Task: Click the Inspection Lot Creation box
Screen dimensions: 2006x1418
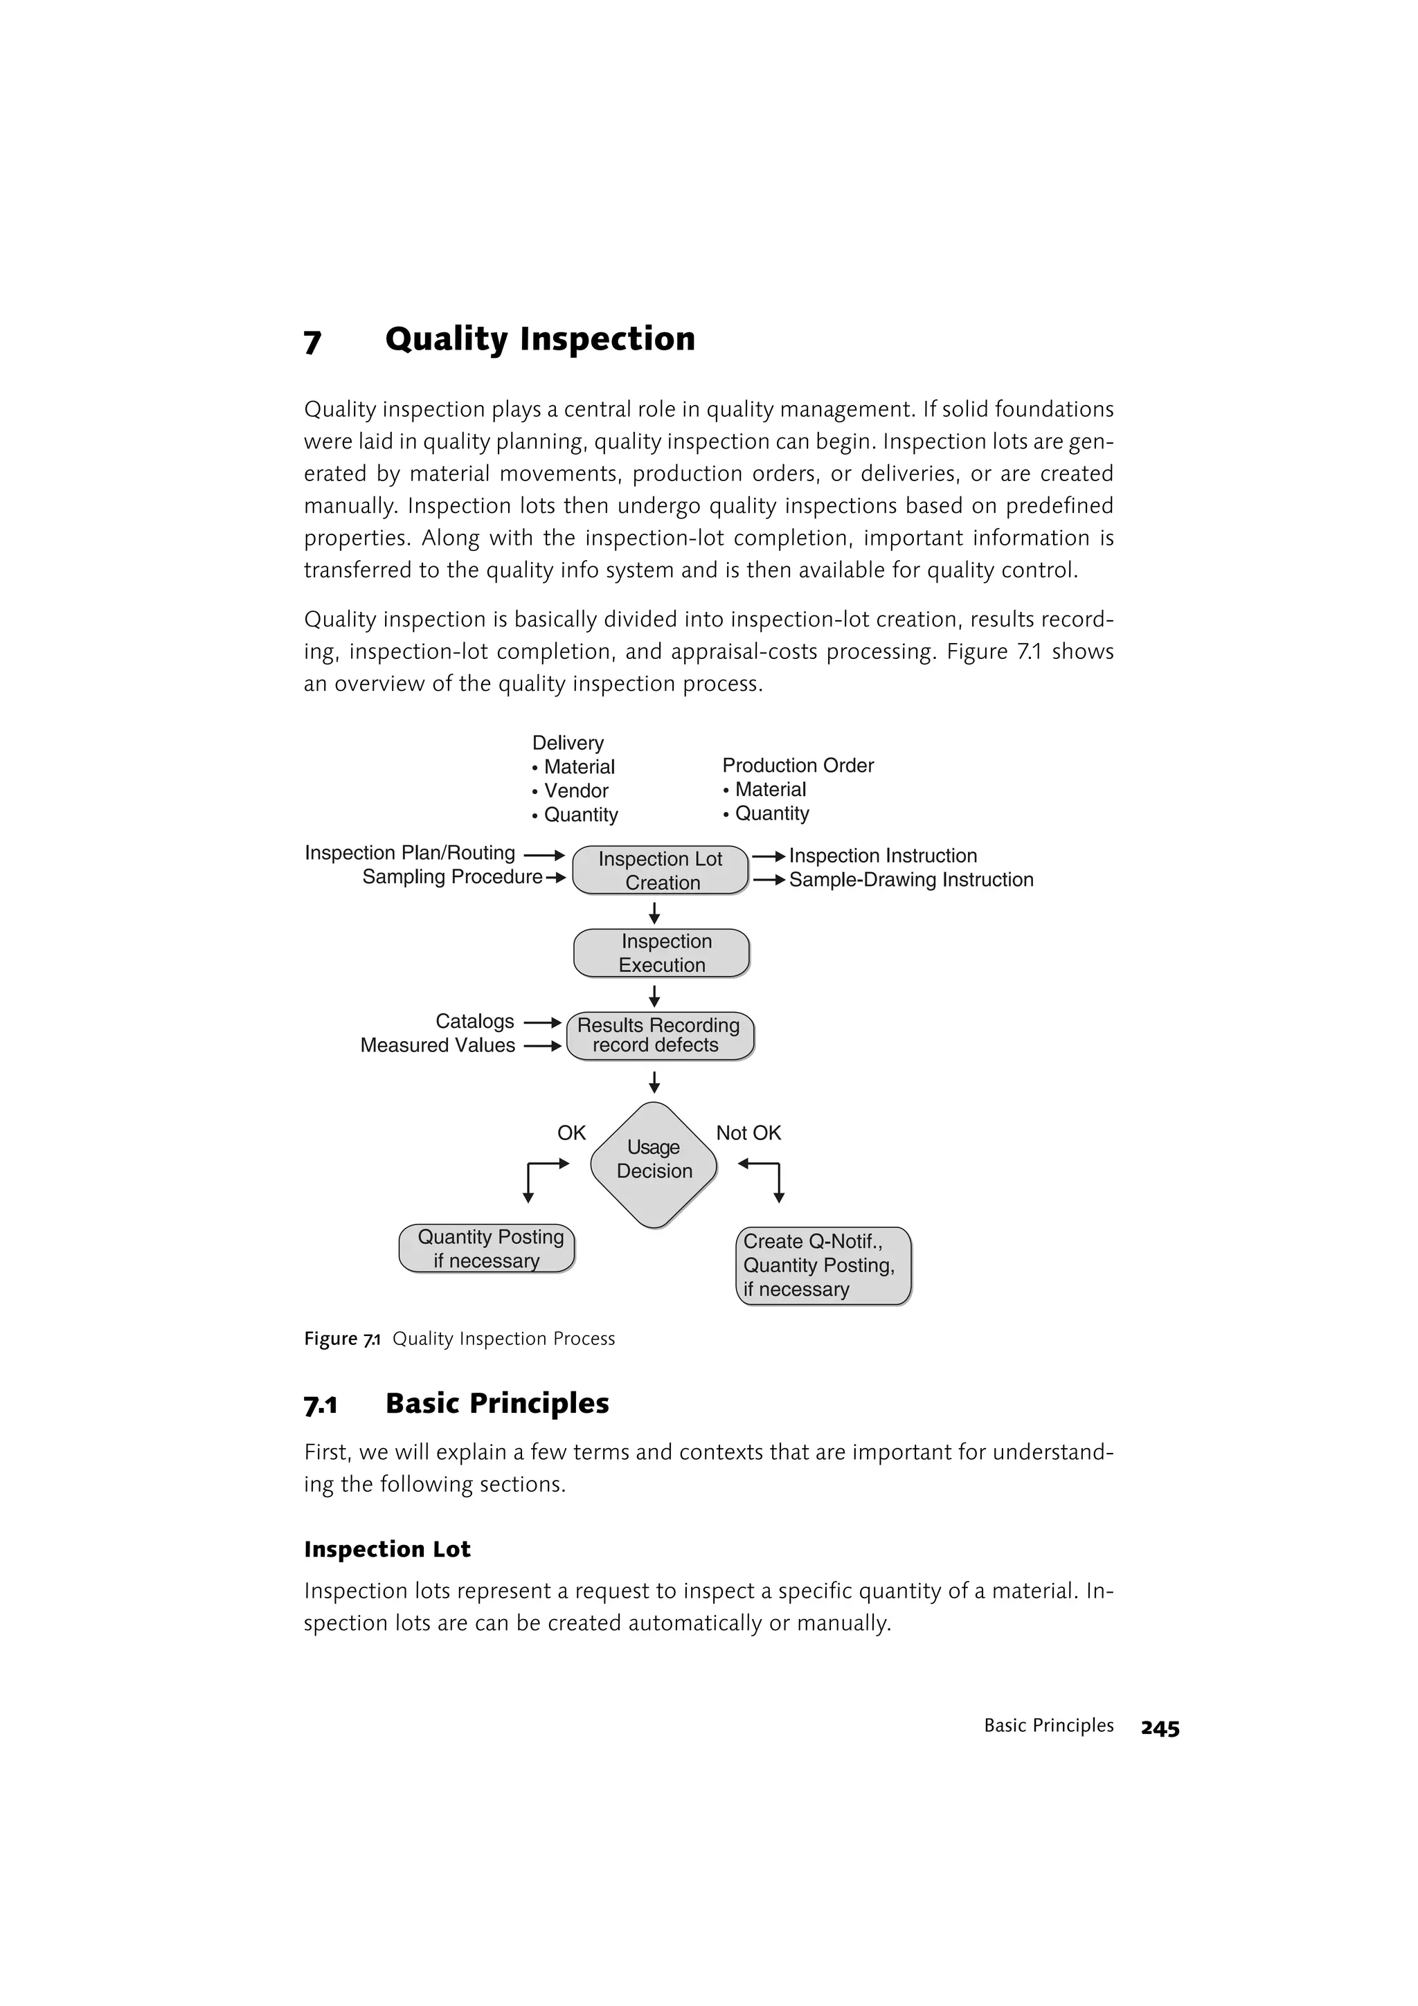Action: pyautogui.click(x=661, y=870)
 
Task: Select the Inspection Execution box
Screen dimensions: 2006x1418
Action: pyautogui.click(x=661, y=953)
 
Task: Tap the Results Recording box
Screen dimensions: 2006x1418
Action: pyautogui.click(x=660, y=1036)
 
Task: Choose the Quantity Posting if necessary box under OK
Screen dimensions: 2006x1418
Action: pyautogui.click(x=487, y=1249)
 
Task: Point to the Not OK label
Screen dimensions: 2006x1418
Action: pyautogui.click(x=748, y=1133)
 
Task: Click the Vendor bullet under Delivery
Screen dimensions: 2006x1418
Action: pyautogui.click(x=575, y=790)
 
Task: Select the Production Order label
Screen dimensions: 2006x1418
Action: pyautogui.click(x=798, y=766)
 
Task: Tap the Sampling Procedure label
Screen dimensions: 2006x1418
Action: pyautogui.click(x=451, y=877)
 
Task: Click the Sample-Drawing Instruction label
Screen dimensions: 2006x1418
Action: pyautogui.click(x=910, y=880)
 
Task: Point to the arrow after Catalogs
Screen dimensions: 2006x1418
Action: pyautogui.click(x=541, y=1022)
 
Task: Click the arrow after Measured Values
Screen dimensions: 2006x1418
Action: pyautogui.click(x=541, y=1046)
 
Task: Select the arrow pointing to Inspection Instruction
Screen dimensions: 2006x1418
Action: pyautogui.click(x=769, y=856)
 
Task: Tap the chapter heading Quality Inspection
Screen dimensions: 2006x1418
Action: pyautogui.click(x=540, y=339)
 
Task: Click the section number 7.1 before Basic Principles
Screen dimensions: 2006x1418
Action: pyautogui.click(x=321, y=1406)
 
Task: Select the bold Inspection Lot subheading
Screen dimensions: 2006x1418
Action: pyautogui.click(x=387, y=1549)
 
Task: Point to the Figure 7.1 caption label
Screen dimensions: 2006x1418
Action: pyautogui.click(x=341, y=1339)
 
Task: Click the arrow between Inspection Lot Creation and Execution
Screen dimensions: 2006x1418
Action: pyautogui.click(x=654, y=913)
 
